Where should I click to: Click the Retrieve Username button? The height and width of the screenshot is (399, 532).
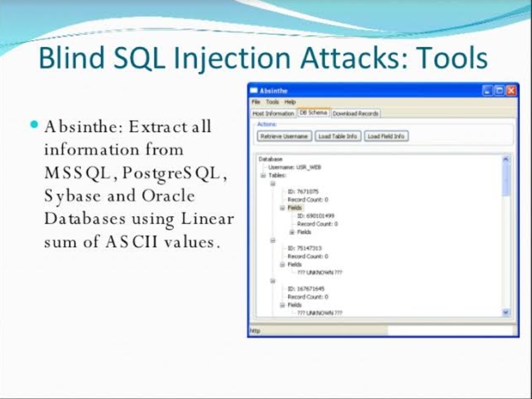point(285,136)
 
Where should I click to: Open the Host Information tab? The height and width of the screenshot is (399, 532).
point(273,113)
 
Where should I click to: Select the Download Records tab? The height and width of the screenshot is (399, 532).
point(355,113)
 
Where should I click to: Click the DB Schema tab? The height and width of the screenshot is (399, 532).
point(313,113)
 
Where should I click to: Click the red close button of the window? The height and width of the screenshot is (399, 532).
point(511,91)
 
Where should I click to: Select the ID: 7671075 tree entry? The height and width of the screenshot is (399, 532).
point(303,191)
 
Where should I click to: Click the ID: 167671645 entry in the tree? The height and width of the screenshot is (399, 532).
point(306,288)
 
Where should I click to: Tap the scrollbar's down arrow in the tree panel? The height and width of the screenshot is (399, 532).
point(507,312)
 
